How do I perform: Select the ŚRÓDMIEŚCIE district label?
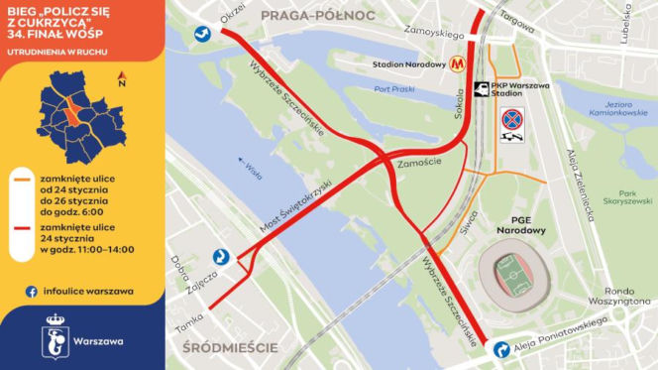(229, 347)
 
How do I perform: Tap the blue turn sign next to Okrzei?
(202, 33)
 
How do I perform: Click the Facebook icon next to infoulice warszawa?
(33, 291)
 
